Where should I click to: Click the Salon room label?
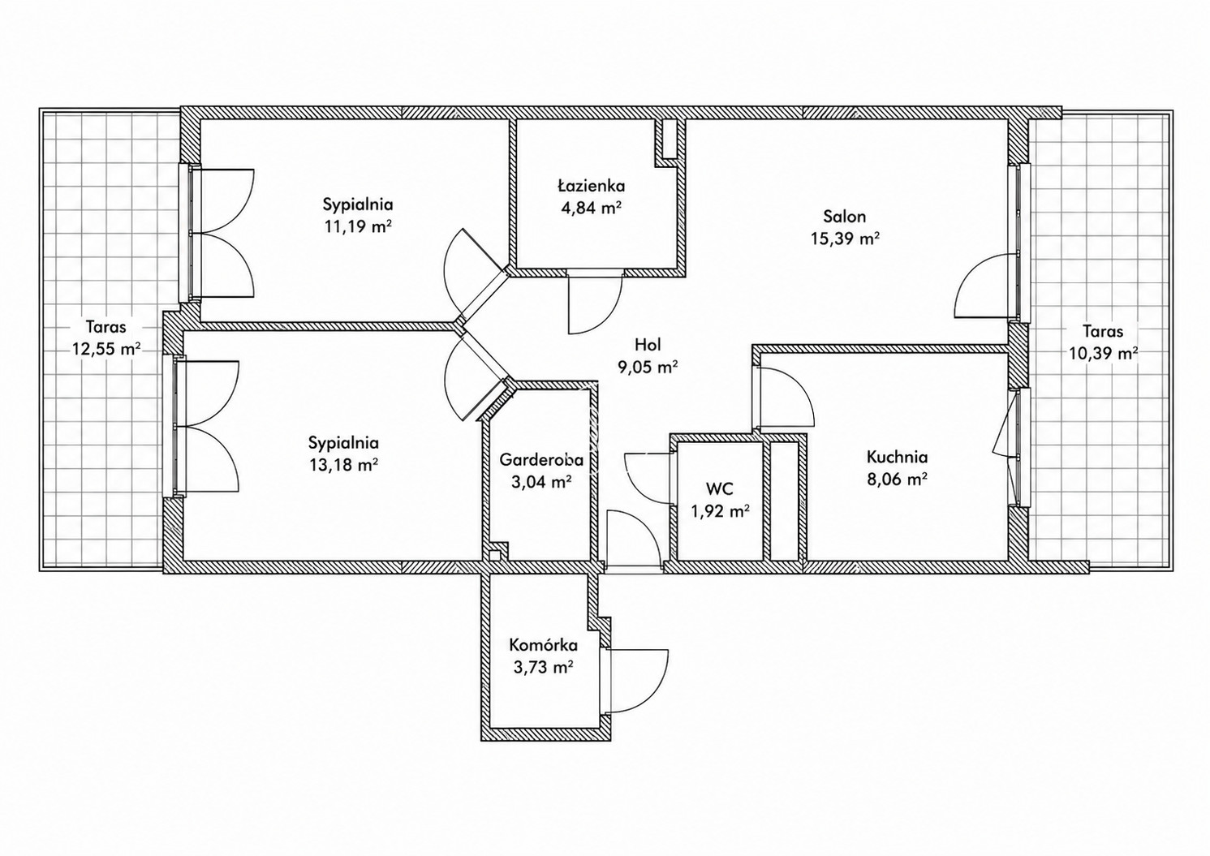click(x=844, y=217)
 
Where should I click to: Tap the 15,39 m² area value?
click(x=845, y=239)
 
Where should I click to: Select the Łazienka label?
click(x=592, y=186)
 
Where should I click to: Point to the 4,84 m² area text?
click(x=592, y=208)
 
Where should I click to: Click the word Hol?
click(x=648, y=344)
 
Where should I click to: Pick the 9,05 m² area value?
click(x=648, y=367)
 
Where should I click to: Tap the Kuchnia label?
click(x=898, y=457)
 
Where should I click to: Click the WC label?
click(x=720, y=489)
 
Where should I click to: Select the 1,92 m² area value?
click(x=720, y=511)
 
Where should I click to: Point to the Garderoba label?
click(x=541, y=459)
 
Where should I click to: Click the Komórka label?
click(x=544, y=645)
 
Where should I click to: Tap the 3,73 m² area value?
click(x=544, y=668)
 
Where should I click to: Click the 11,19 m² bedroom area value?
click(x=358, y=226)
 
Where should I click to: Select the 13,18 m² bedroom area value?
click(x=343, y=464)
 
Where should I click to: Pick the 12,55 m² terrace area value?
click(x=106, y=349)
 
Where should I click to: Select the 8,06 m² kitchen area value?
click(x=898, y=479)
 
